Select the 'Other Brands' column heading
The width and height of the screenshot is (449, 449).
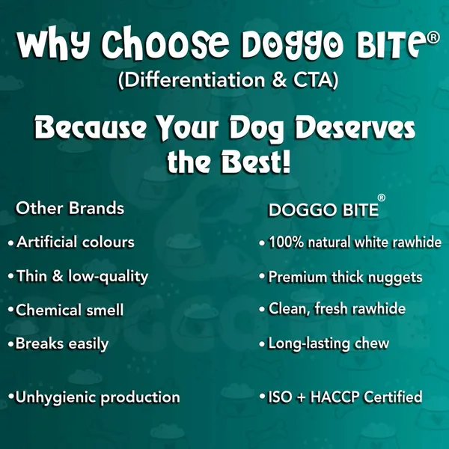pyautogui.click(x=70, y=208)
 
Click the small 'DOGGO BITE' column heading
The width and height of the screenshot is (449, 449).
pyautogui.click(x=323, y=210)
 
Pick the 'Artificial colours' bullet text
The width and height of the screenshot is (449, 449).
pyautogui.click(x=76, y=242)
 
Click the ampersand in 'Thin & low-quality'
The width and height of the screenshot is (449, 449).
pyautogui.click(x=58, y=276)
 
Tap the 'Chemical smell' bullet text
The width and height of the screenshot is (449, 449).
pyautogui.click(x=70, y=310)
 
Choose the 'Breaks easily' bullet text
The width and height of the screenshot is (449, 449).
pyautogui.click(x=62, y=343)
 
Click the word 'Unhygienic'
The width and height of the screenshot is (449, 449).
pyautogui.click(x=55, y=397)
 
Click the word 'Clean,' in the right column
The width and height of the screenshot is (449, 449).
pyautogui.click(x=290, y=309)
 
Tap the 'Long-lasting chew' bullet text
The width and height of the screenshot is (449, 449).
pyautogui.click(x=329, y=343)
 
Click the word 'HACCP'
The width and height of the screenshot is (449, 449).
pyautogui.click(x=335, y=397)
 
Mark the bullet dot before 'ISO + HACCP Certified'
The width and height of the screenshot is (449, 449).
pyautogui.click(x=262, y=397)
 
